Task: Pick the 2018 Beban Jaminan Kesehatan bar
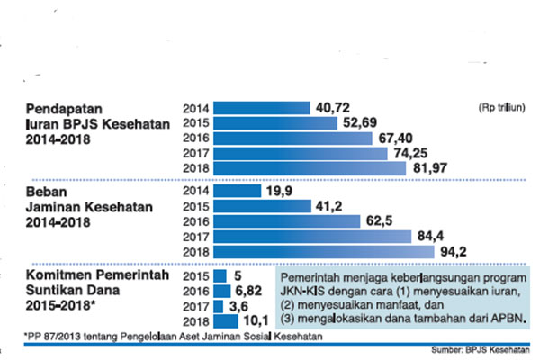click(315, 253)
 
